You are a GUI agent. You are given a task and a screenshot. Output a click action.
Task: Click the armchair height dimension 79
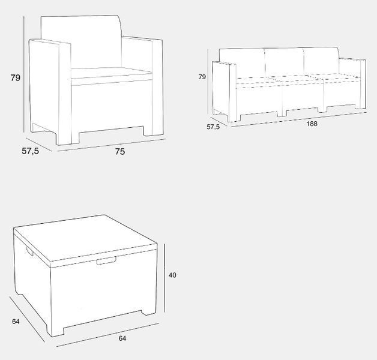[x=16, y=78]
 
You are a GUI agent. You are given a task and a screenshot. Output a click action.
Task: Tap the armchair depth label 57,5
[x=30, y=151]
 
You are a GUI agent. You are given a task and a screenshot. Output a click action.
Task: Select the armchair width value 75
[x=120, y=152]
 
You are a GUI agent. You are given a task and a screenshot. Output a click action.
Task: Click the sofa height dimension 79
[x=202, y=77]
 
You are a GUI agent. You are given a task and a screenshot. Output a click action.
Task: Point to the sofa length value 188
[x=312, y=124]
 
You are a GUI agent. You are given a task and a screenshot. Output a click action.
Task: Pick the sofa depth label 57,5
[x=213, y=127]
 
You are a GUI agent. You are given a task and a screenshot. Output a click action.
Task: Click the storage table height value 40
[x=172, y=275]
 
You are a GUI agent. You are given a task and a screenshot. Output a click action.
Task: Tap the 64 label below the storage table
[x=122, y=338]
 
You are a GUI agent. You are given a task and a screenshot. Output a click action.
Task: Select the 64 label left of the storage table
[x=16, y=322]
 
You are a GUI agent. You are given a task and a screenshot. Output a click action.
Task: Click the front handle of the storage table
[x=106, y=261]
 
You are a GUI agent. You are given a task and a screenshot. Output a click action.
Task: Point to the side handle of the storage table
[x=30, y=251]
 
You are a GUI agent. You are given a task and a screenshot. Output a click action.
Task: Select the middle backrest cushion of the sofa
[x=284, y=62]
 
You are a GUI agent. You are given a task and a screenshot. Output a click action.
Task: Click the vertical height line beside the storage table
[x=164, y=278]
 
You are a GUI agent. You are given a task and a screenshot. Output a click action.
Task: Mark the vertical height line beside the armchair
[x=24, y=74]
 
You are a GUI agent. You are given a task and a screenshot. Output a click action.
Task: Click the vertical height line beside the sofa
[x=208, y=82]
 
